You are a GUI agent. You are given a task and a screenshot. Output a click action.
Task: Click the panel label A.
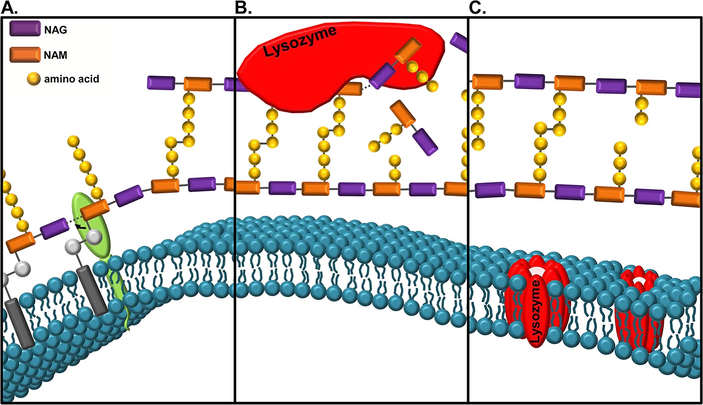pyautogui.click(x=9, y=8)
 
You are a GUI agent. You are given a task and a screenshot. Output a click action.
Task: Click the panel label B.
pyautogui.click(x=243, y=8)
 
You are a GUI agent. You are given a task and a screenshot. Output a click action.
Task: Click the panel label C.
pyautogui.click(x=477, y=8)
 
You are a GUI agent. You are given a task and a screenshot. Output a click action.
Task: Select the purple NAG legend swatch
pyautogui.click(x=25, y=28)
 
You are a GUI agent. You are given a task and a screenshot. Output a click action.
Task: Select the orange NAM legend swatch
pyautogui.click(x=25, y=54)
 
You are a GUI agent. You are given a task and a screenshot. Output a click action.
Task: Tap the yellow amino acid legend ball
pyautogui.click(x=33, y=79)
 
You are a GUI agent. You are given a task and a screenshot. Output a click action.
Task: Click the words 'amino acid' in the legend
pyautogui.click(x=71, y=79)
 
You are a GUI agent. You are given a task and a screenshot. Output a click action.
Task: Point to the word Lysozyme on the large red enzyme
pyautogui.click(x=300, y=42)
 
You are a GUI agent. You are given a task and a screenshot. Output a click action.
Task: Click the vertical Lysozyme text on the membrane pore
pyautogui.click(x=536, y=313)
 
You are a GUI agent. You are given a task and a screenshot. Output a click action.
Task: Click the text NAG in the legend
pyautogui.click(x=55, y=30)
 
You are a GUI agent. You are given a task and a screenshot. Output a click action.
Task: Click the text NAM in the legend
pyautogui.click(x=55, y=55)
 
